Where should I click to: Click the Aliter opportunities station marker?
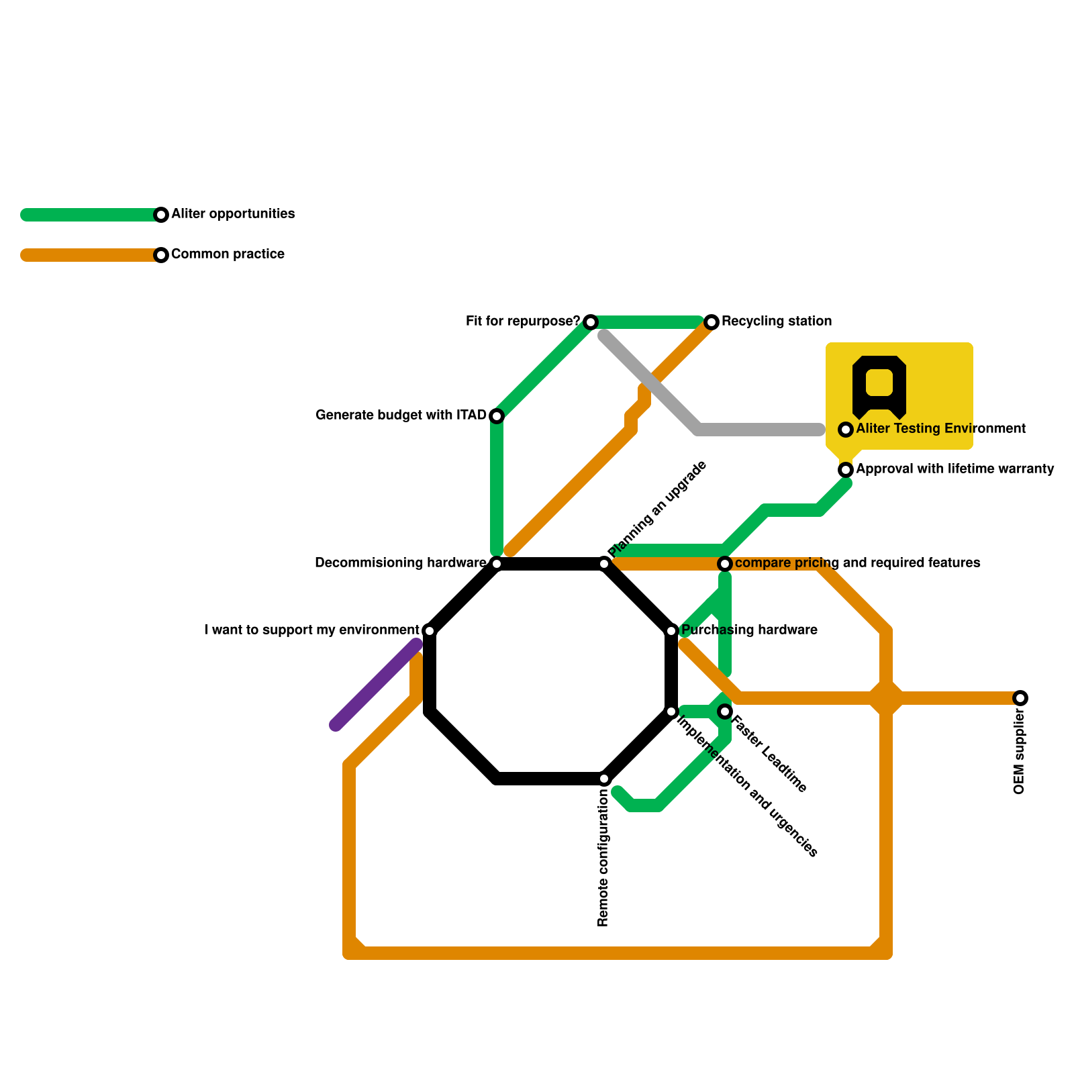click(x=161, y=215)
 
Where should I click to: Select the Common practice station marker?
click(x=161, y=255)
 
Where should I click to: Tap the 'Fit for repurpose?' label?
click(x=522, y=322)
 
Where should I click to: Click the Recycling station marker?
click(x=712, y=322)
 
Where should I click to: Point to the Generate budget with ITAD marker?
click(x=497, y=416)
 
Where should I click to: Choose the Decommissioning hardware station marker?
click(x=497, y=564)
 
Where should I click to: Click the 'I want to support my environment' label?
click(x=311, y=630)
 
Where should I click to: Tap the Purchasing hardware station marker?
click(x=671, y=631)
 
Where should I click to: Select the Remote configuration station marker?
click(x=604, y=779)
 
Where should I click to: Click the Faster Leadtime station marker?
click(x=725, y=712)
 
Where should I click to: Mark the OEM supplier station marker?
click(x=1020, y=698)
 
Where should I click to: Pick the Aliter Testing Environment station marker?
click(x=846, y=430)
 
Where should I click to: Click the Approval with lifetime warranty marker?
click(x=846, y=470)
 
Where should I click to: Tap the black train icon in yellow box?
click(x=879, y=387)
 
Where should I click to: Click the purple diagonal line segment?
click(x=376, y=685)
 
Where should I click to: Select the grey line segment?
click(x=759, y=430)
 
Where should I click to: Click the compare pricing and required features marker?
click(x=725, y=563)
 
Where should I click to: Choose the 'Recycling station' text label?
click(x=777, y=322)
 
